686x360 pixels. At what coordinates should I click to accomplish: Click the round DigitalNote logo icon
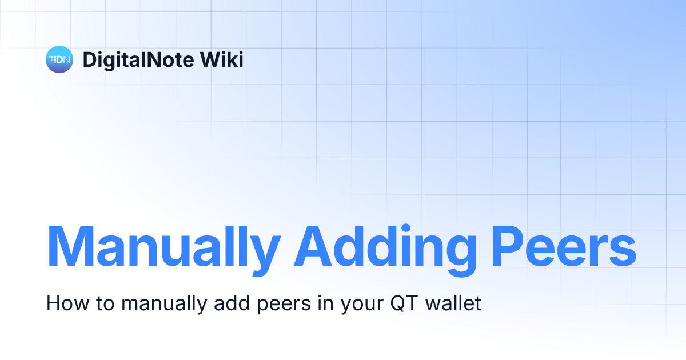(59, 59)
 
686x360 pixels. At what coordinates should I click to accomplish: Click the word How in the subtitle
(65, 303)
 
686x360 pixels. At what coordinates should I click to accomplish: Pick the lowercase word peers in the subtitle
(276, 304)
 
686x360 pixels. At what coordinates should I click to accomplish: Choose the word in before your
(324, 303)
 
